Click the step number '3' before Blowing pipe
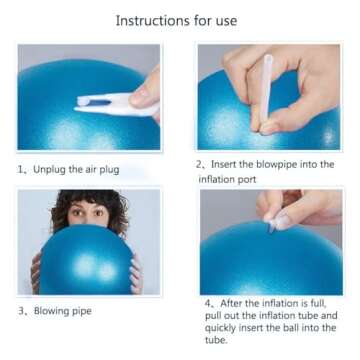tap(22, 311)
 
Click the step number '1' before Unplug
tap(22, 169)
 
